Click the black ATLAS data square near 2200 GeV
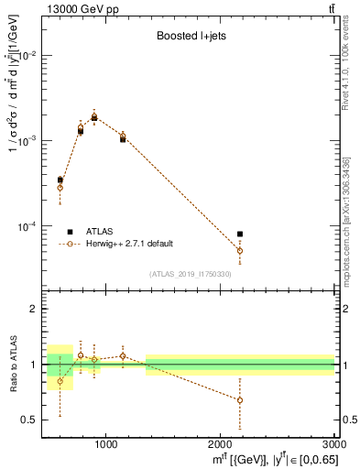pos(240,234)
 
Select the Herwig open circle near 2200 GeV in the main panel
pos(240,250)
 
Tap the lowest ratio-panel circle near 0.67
pos(240,400)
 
